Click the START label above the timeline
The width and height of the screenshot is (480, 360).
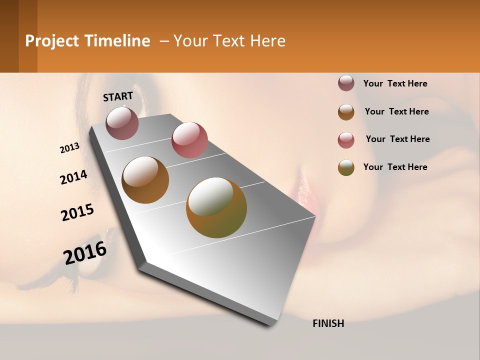pos(118,96)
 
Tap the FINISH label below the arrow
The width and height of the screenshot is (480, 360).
pos(328,323)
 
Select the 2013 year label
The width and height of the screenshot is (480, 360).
pos(69,148)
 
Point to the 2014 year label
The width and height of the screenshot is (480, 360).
pos(73,177)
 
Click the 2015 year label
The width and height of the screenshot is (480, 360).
pos(77,212)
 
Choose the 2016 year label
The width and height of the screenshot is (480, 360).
pos(85,252)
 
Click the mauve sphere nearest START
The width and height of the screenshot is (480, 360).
pos(122,123)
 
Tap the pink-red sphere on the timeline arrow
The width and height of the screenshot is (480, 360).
pos(189,139)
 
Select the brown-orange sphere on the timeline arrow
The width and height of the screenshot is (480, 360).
pos(145,179)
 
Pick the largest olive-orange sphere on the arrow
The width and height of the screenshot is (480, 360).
pos(216,207)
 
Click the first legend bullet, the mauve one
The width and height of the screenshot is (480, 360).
pos(346,83)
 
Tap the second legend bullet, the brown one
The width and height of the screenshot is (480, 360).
pos(346,112)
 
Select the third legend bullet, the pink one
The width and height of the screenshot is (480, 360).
pos(346,140)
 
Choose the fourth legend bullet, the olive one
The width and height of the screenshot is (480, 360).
pos(346,167)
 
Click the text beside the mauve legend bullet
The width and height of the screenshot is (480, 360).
pos(395,83)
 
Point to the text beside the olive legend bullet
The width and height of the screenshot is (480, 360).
pos(395,167)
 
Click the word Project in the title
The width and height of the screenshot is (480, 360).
pos(52,41)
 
